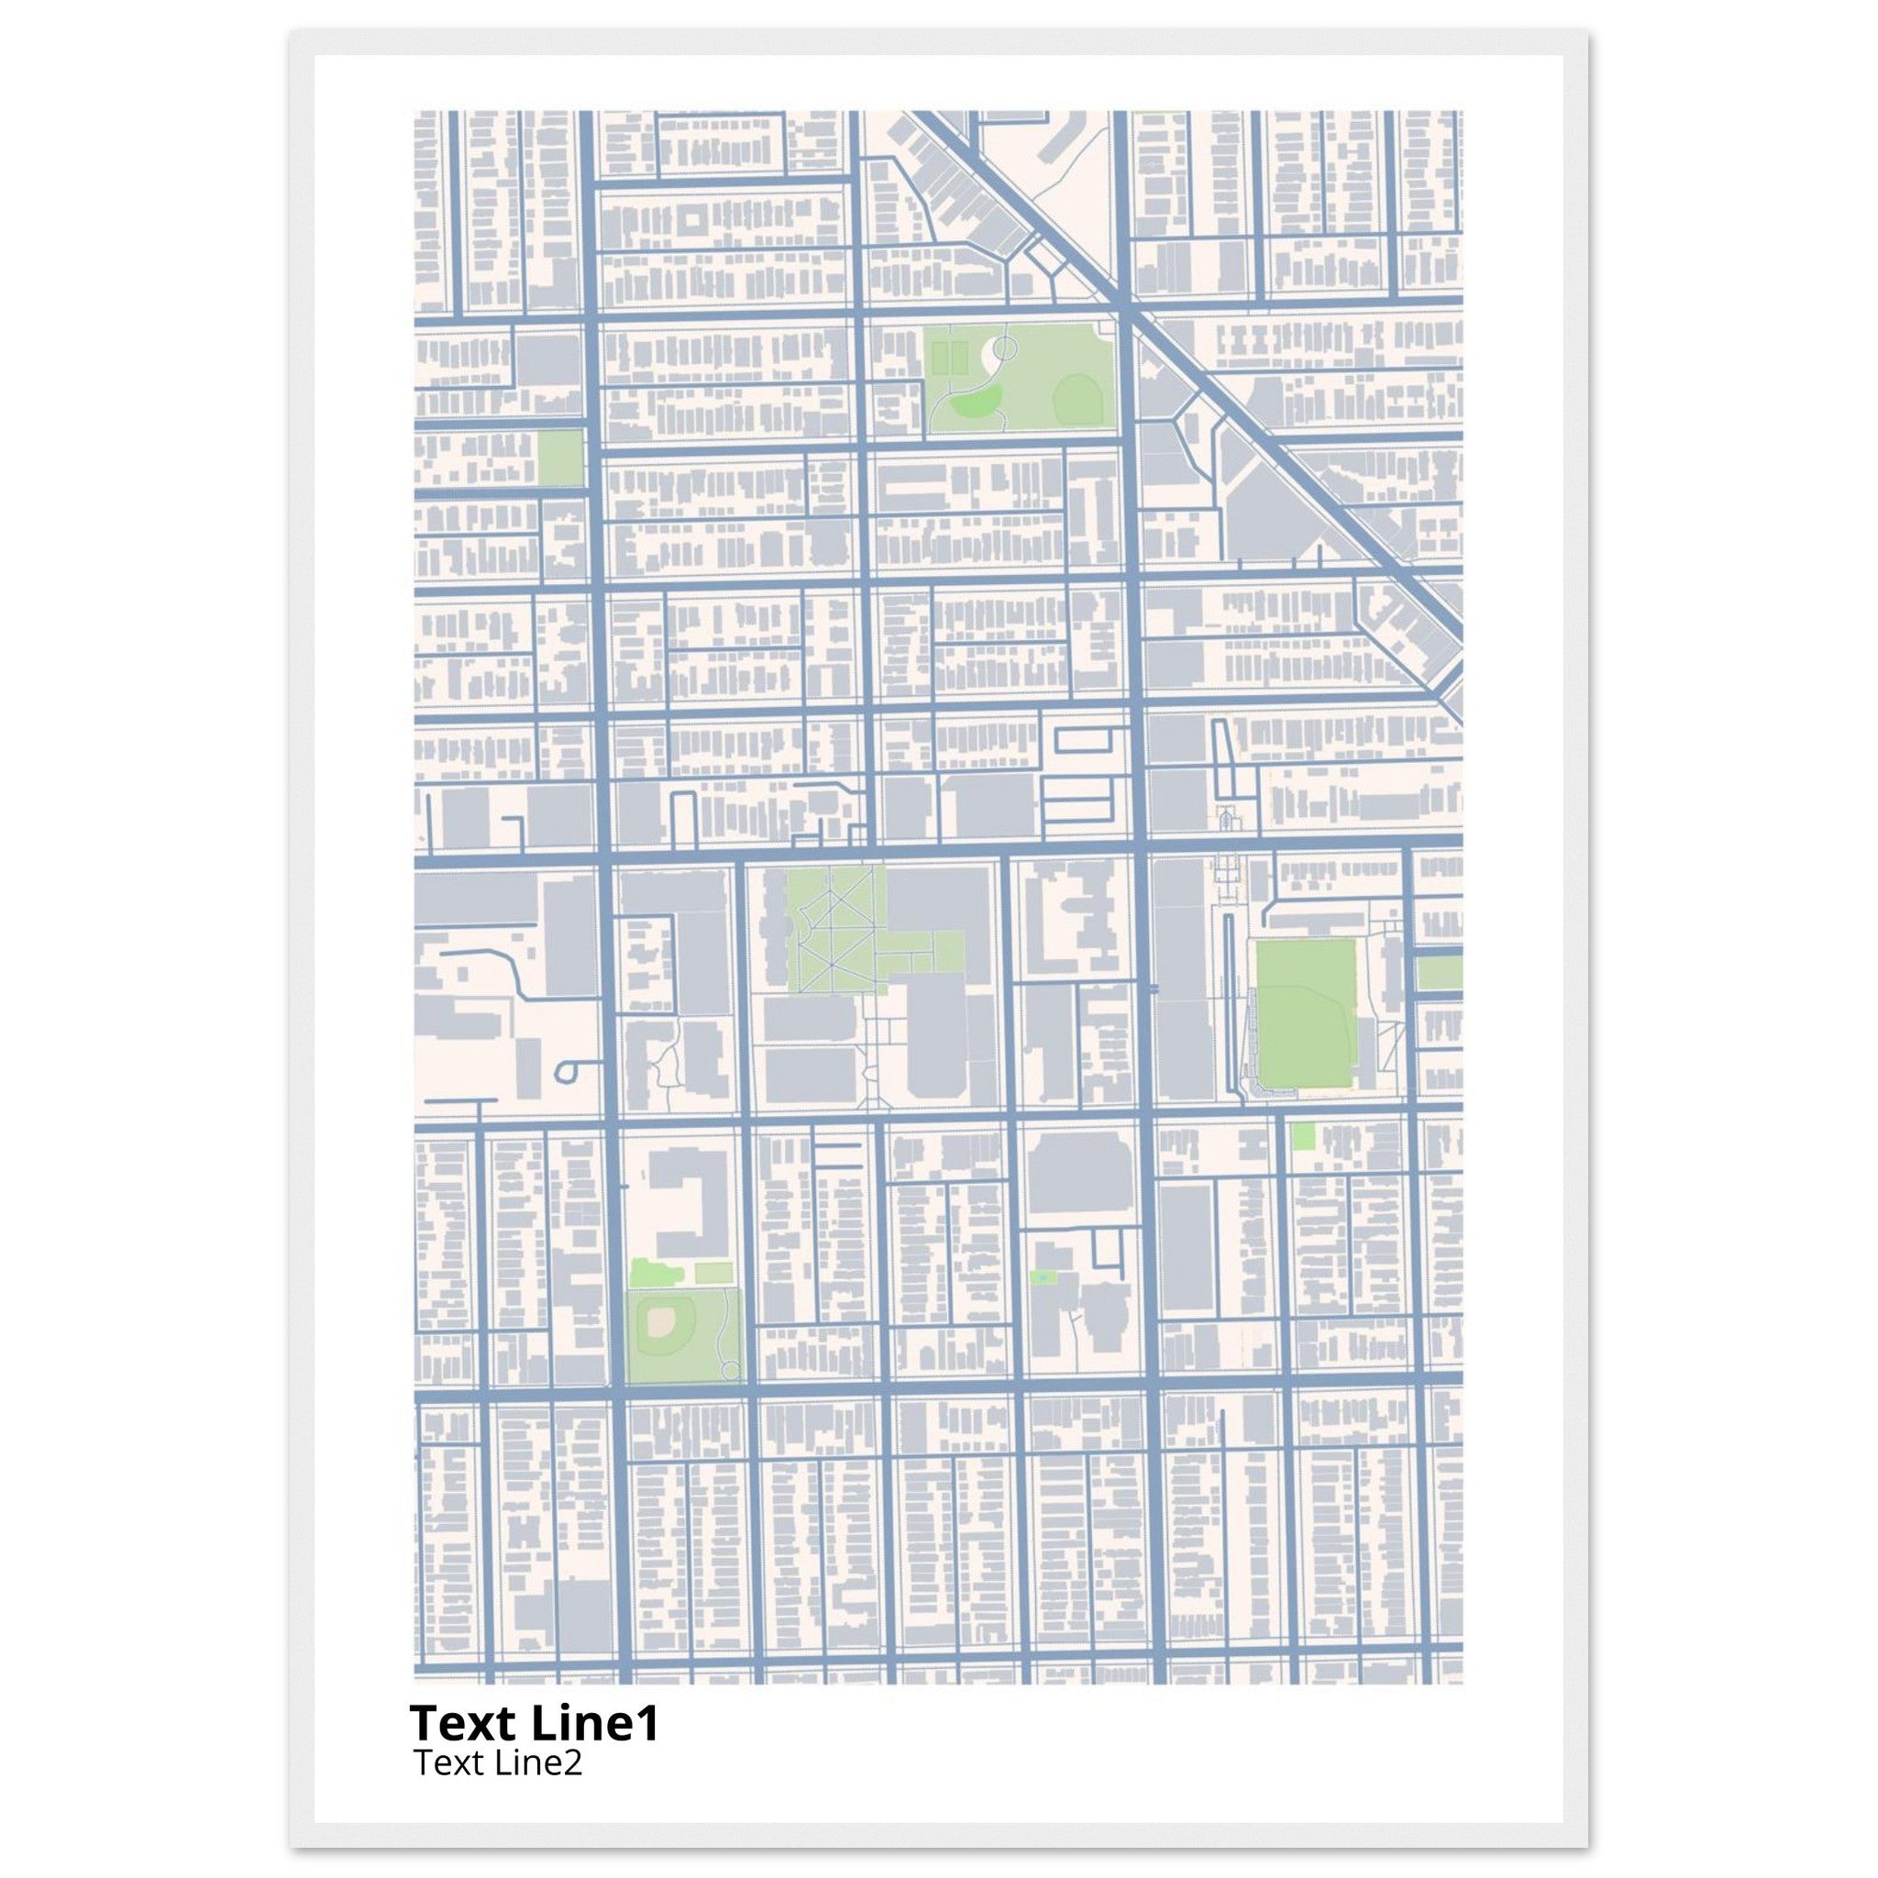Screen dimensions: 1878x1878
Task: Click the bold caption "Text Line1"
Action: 535,1723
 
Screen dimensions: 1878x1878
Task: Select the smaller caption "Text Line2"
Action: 498,1762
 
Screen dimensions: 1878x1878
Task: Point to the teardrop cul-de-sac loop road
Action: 566,1070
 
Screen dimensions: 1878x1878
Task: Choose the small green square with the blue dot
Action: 1042,1276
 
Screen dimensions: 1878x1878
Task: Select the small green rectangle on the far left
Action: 560,458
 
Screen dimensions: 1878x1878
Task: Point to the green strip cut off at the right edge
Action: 1439,973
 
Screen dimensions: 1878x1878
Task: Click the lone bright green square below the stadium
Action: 1302,1135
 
